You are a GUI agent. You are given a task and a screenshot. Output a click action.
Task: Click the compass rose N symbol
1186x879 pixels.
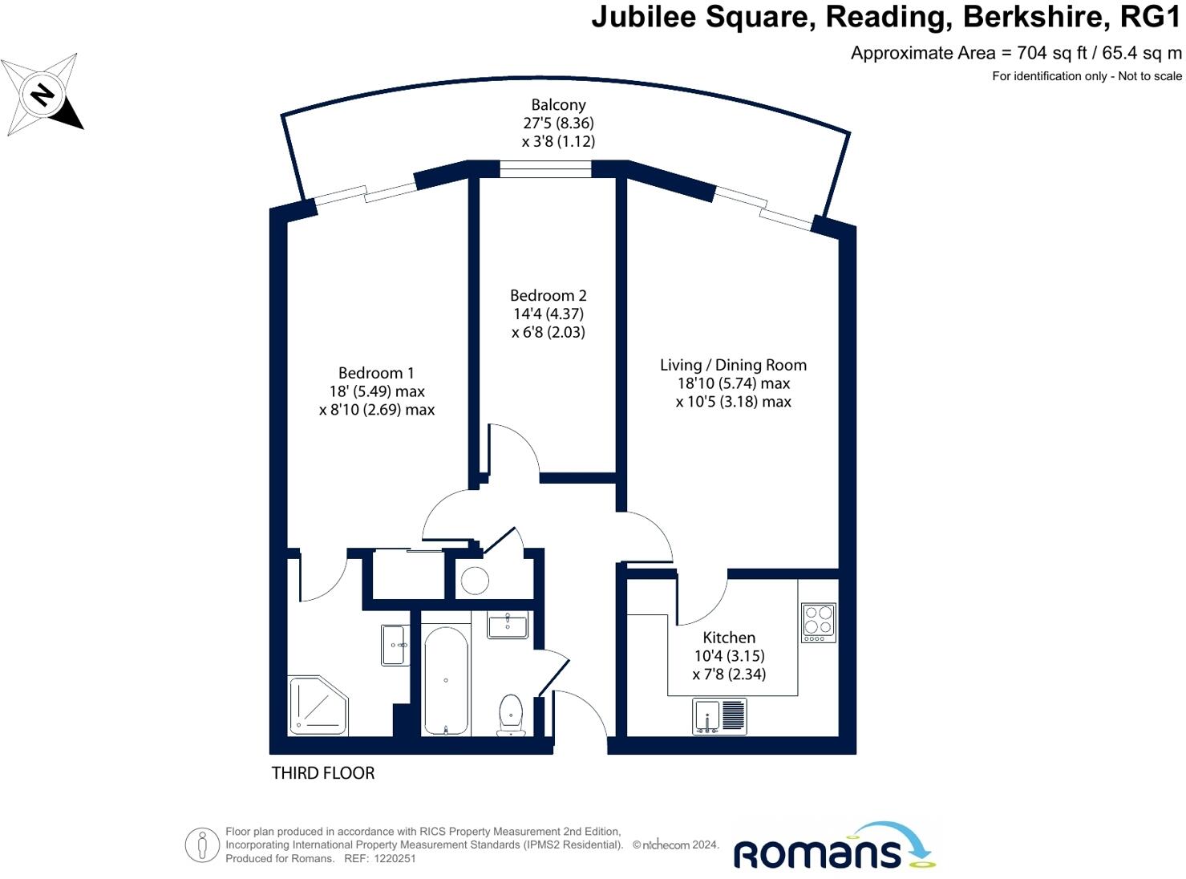42,95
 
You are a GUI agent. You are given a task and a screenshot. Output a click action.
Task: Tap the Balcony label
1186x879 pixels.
558,105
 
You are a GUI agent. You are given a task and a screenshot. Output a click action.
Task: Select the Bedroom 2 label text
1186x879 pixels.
548,296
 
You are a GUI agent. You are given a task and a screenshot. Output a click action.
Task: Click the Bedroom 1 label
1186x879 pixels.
376,373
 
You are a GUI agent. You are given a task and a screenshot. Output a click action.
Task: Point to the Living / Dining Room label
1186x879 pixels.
733,365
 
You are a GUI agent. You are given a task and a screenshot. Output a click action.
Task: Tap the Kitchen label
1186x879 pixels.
729,638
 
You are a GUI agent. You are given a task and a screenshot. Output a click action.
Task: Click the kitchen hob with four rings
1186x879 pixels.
819,622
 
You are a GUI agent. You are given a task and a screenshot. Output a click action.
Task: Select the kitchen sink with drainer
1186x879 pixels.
719,715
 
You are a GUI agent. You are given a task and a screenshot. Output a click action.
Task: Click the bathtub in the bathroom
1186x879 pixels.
446,680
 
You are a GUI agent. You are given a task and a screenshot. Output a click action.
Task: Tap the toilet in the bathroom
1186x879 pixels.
511,714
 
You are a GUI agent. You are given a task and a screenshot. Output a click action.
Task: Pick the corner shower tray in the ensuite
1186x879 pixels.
318,705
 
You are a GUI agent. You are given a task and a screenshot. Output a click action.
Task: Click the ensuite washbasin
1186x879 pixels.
394,646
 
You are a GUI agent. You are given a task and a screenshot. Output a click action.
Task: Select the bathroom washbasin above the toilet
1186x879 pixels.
508,626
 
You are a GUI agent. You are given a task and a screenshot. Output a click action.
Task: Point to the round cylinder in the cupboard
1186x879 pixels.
475,581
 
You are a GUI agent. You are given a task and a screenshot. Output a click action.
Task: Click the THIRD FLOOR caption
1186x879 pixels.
323,773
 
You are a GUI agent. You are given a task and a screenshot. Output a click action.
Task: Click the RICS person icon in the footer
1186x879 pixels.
202,845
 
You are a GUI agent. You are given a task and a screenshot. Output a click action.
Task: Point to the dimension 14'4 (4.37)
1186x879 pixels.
548,314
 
